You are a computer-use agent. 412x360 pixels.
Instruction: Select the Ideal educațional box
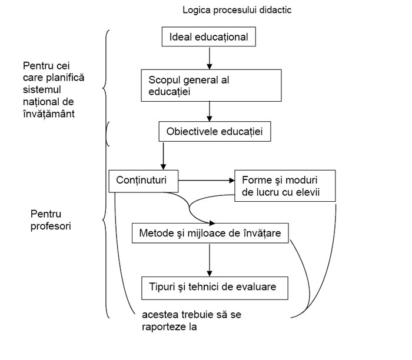pyautogui.click(x=209, y=37)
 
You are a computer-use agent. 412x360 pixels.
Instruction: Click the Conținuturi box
pyautogui.click(x=144, y=181)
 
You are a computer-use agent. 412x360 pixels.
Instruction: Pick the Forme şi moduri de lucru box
pyautogui.click(x=285, y=186)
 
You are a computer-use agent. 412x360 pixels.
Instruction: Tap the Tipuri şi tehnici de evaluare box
pyautogui.click(x=217, y=288)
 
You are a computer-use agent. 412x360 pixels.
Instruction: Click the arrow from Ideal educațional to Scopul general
pyautogui.click(x=209, y=58)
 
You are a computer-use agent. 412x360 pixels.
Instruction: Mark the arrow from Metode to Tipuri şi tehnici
pyautogui.click(x=209, y=258)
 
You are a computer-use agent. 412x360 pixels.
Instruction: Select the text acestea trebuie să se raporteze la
pyautogui.click(x=191, y=320)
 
